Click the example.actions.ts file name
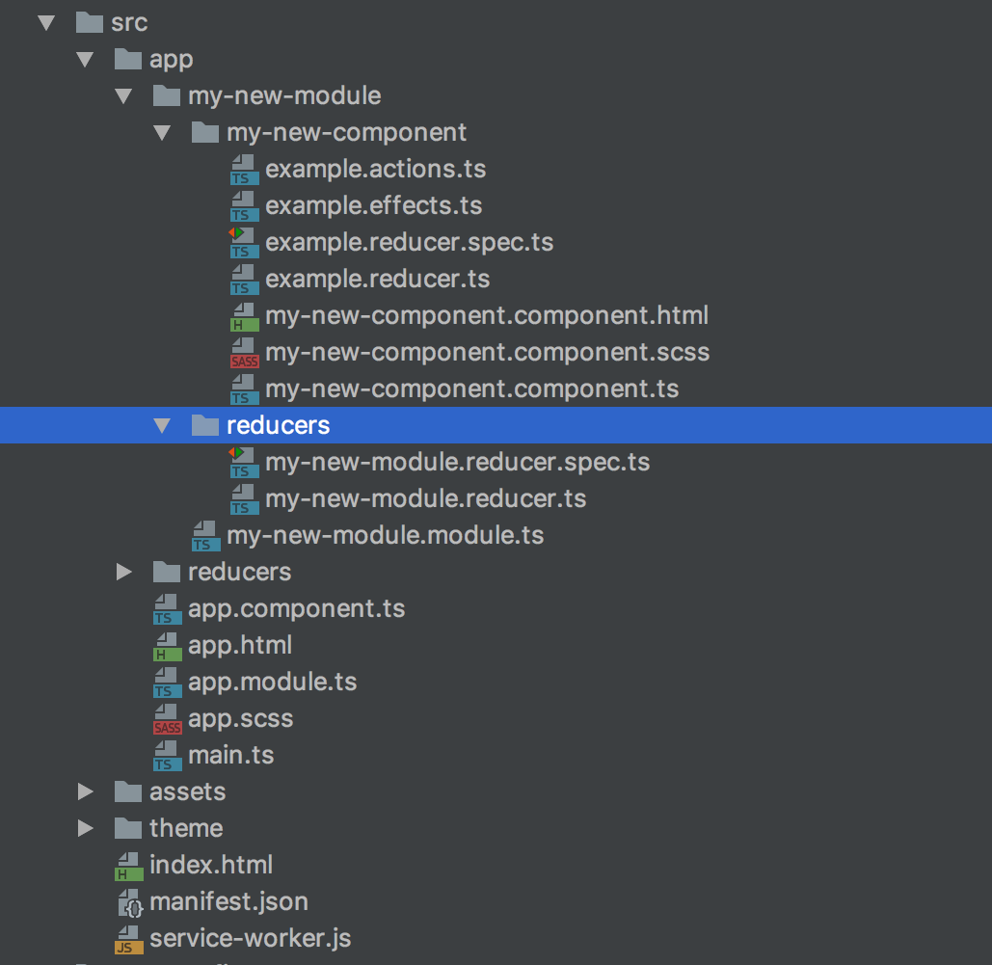pos(375,170)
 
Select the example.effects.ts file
pos(373,205)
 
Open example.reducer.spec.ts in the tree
pos(409,242)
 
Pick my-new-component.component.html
pos(487,315)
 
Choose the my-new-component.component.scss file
pos(487,352)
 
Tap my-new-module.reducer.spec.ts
pos(457,462)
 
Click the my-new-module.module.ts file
pos(385,535)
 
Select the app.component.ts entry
pos(296,609)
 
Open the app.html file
pos(239,645)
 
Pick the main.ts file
pos(230,755)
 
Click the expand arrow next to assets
pos(86,791)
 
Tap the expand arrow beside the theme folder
pos(86,828)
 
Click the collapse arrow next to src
pos(45,22)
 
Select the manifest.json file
pos(228,902)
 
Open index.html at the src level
pos(210,865)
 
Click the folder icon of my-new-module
pos(167,95)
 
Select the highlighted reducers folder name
pos(278,425)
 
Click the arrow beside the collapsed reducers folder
pos(124,572)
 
